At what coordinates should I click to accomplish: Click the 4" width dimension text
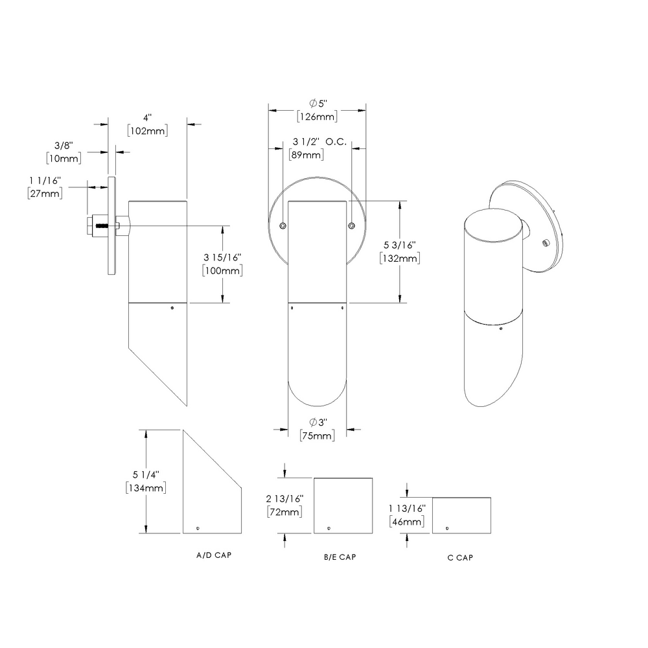point(147,117)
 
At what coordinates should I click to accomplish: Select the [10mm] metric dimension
point(63,158)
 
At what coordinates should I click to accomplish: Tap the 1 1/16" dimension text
point(45,179)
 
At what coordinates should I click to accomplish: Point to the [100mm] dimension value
point(222,270)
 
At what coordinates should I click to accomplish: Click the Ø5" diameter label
point(317,104)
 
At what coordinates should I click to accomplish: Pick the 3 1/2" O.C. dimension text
point(319,141)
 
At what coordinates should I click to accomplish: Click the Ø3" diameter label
point(317,422)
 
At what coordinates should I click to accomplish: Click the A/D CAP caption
point(214,555)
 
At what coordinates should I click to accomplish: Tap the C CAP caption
point(460,558)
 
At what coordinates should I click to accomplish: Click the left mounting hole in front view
point(283,226)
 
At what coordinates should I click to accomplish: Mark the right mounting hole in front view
point(351,226)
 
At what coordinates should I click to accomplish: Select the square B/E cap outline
point(343,505)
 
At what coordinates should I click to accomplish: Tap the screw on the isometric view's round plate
point(546,242)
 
